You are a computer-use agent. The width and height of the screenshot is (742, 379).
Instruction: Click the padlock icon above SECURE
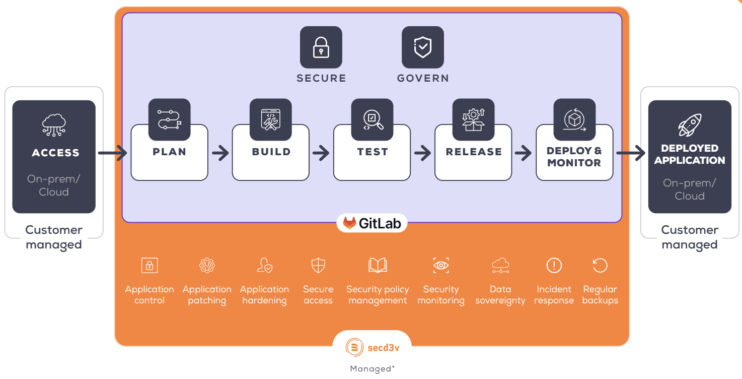(321, 47)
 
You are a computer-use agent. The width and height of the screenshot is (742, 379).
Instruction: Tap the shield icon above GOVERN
(422, 47)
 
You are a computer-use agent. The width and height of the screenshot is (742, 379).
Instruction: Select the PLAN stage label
(169, 152)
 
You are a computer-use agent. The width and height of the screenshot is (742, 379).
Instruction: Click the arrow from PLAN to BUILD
(220, 153)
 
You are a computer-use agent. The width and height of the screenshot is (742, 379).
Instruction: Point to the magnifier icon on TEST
(373, 119)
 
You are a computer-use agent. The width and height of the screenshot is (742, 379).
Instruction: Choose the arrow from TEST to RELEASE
(423, 153)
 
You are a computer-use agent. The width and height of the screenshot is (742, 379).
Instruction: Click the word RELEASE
(474, 152)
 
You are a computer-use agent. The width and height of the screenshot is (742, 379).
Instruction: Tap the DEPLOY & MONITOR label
(574, 157)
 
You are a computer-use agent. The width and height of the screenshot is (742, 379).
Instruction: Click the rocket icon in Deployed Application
(690, 124)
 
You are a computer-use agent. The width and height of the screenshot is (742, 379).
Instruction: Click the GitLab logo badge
(372, 223)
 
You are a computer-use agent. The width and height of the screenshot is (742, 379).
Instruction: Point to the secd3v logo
(372, 347)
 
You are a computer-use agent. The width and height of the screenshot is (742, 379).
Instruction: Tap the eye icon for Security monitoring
(441, 265)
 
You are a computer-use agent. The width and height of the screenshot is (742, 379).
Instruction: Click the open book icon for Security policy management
(378, 265)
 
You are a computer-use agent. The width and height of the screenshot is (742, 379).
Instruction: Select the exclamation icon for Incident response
(554, 265)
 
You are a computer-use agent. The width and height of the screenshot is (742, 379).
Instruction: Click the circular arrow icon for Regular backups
(600, 265)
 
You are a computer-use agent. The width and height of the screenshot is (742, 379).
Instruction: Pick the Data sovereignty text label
(500, 295)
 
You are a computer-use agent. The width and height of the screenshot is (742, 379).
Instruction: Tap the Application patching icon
(207, 265)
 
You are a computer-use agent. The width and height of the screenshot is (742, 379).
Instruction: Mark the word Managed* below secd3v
(372, 369)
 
